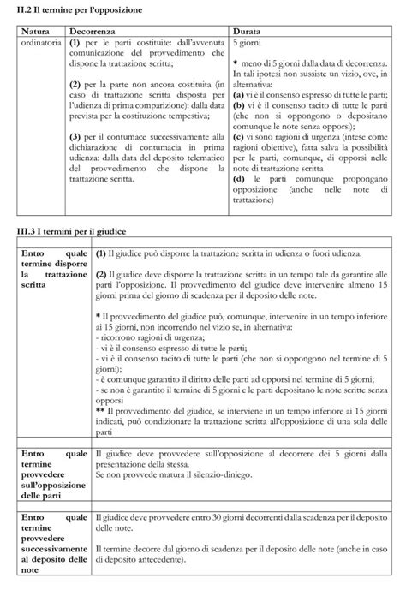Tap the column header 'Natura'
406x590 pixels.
35,30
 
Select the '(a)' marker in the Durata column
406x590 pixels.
239,94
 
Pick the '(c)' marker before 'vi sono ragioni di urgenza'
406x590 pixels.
239,137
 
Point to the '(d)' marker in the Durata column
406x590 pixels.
239,180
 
